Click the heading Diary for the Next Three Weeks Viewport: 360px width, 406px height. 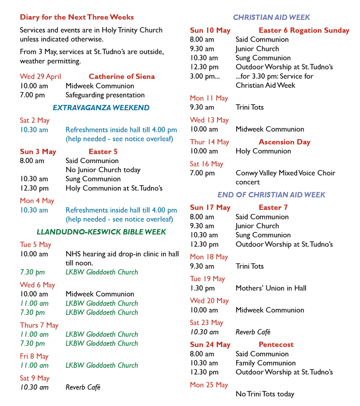(77, 17)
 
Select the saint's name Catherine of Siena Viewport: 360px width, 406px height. (121, 76)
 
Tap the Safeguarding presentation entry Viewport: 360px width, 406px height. (105, 95)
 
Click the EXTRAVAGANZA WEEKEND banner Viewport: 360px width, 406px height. (101, 108)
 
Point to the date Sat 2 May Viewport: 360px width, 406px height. (34, 120)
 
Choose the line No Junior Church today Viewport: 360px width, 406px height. (103, 170)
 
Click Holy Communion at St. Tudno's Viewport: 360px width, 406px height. (114, 188)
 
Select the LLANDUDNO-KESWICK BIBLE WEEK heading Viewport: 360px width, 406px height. (101, 232)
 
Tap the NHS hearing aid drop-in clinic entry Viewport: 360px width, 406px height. (122, 254)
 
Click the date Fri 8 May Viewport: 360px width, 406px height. (34, 356)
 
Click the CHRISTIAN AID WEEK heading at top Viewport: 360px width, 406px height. (271, 17)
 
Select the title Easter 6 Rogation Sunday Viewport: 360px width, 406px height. (304, 30)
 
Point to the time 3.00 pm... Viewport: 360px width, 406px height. (205, 76)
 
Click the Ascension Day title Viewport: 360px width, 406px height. (284, 142)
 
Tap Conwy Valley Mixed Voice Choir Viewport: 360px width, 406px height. (285, 173)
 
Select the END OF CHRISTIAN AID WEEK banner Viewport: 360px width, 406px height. (271, 195)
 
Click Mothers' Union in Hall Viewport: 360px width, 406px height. (271, 288)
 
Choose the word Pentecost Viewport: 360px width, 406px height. (276, 345)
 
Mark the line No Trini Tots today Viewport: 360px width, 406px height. (265, 394)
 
